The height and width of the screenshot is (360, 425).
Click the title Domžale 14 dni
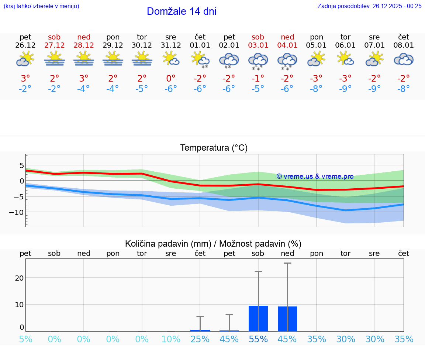[x=182, y=11]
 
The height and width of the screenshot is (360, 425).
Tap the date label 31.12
[x=171, y=45]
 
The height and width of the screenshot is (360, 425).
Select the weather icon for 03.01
[x=258, y=60]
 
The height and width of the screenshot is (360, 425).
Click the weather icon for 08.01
[x=404, y=59]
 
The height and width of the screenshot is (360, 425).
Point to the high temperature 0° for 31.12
[x=171, y=79]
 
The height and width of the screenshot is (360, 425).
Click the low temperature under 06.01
[x=345, y=89]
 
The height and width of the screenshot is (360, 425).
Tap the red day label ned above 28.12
[x=84, y=37]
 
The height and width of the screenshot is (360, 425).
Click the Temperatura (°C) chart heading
[x=214, y=148]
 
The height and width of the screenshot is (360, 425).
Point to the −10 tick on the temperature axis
[x=17, y=212]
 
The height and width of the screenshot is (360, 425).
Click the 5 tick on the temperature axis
[x=22, y=165]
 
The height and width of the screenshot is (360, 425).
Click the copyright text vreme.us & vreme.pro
[x=315, y=176]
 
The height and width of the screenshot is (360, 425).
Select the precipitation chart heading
[x=213, y=244]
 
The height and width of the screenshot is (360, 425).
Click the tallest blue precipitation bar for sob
[x=258, y=318]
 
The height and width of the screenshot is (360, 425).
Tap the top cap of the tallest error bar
[x=287, y=263]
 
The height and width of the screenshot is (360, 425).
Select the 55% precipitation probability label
[x=258, y=339]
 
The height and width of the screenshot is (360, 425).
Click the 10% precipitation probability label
[x=171, y=339]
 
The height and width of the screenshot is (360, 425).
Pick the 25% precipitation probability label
[x=200, y=339]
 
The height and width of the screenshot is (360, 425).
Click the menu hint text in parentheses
[x=41, y=6]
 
